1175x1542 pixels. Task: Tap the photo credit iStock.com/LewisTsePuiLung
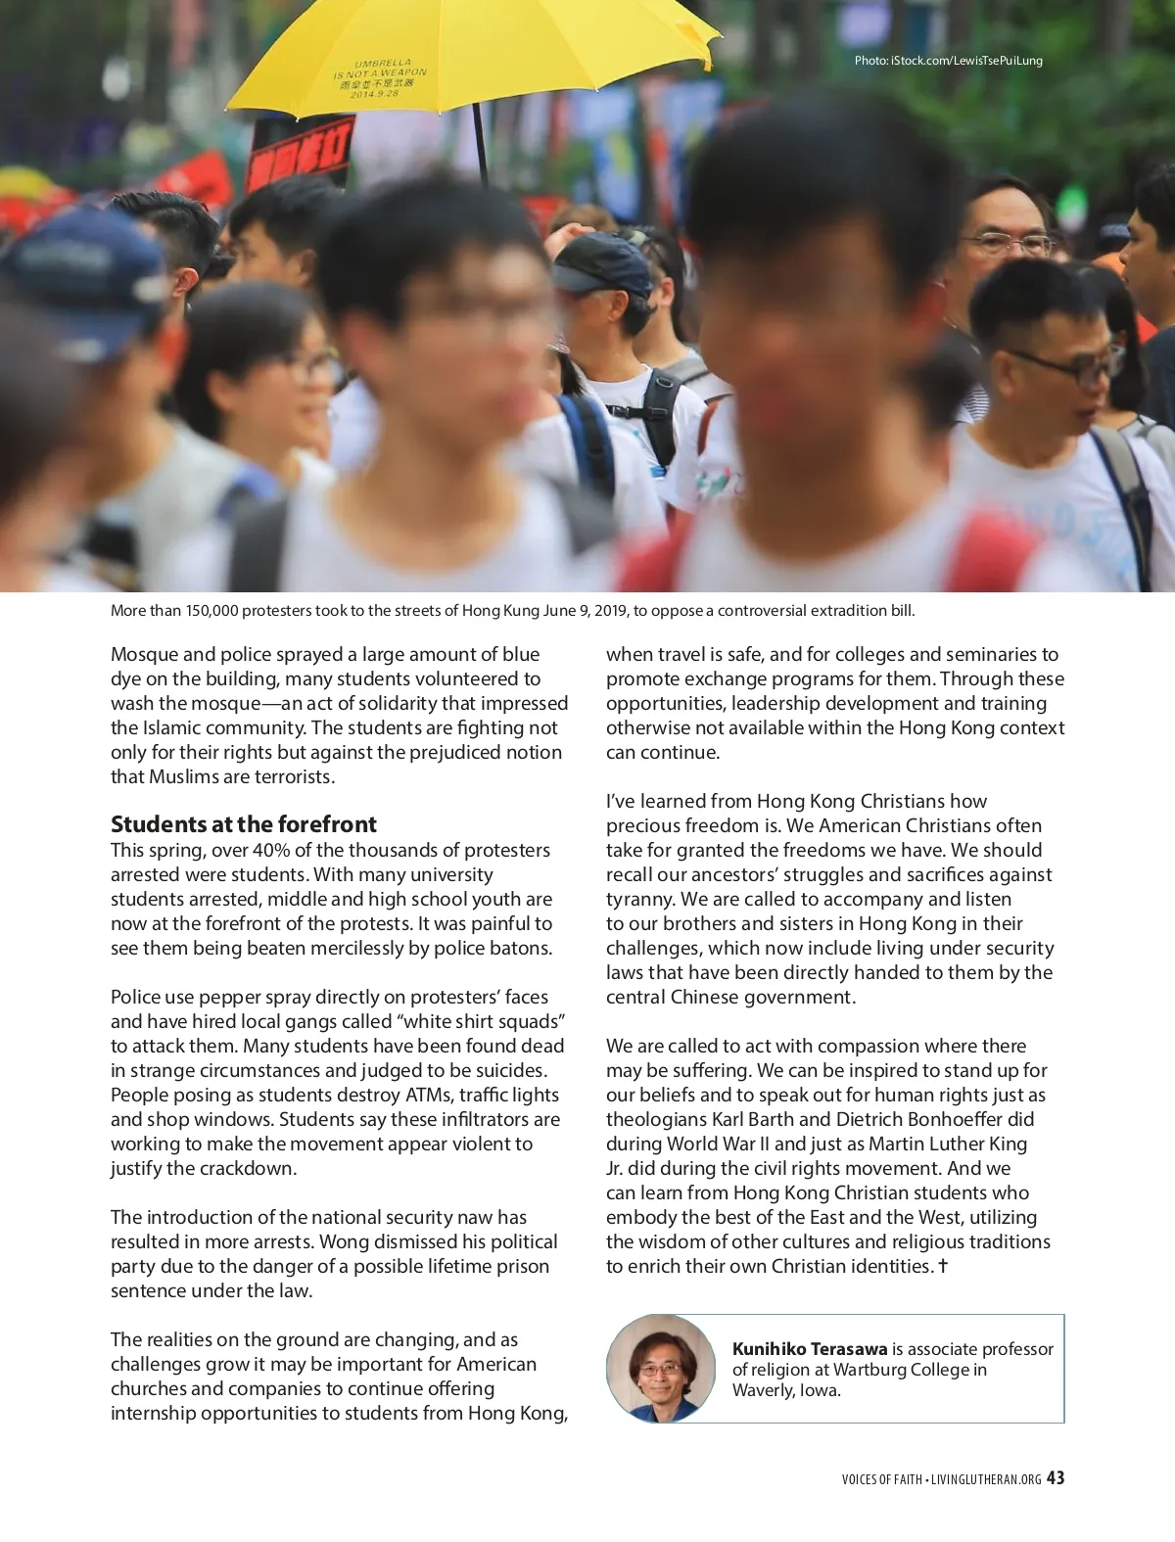click(x=948, y=61)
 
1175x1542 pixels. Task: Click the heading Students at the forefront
click(x=243, y=823)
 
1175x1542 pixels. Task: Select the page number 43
click(x=1055, y=1478)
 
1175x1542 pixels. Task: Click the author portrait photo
click(x=661, y=1368)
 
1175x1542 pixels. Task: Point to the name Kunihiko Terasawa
click(x=810, y=1348)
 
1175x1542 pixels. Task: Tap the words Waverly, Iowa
click(x=786, y=1390)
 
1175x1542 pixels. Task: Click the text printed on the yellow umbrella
click(x=381, y=78)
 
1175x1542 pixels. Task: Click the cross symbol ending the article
click(x=943, y=1266)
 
